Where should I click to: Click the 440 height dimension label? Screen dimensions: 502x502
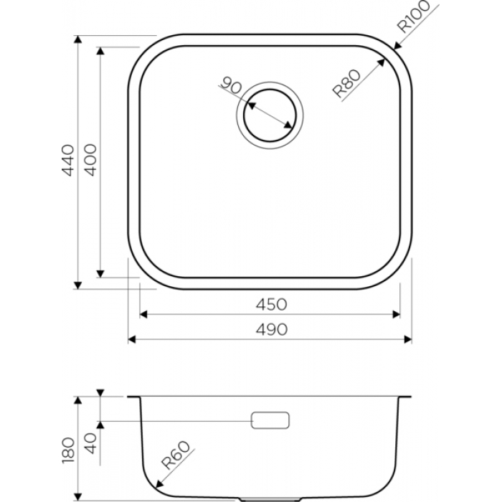(68, 160)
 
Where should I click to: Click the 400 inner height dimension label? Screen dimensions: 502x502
(90, 160)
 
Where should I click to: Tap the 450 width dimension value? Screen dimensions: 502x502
(272, 305)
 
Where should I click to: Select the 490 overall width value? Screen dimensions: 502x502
(272, 329)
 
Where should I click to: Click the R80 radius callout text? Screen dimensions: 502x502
(346, 84)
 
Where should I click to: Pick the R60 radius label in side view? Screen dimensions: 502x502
(176, 455)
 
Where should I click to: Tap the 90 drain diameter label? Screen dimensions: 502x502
(232, 85)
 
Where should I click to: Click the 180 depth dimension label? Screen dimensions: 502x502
(68, 450)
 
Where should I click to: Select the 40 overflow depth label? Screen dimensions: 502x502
(91, 443)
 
